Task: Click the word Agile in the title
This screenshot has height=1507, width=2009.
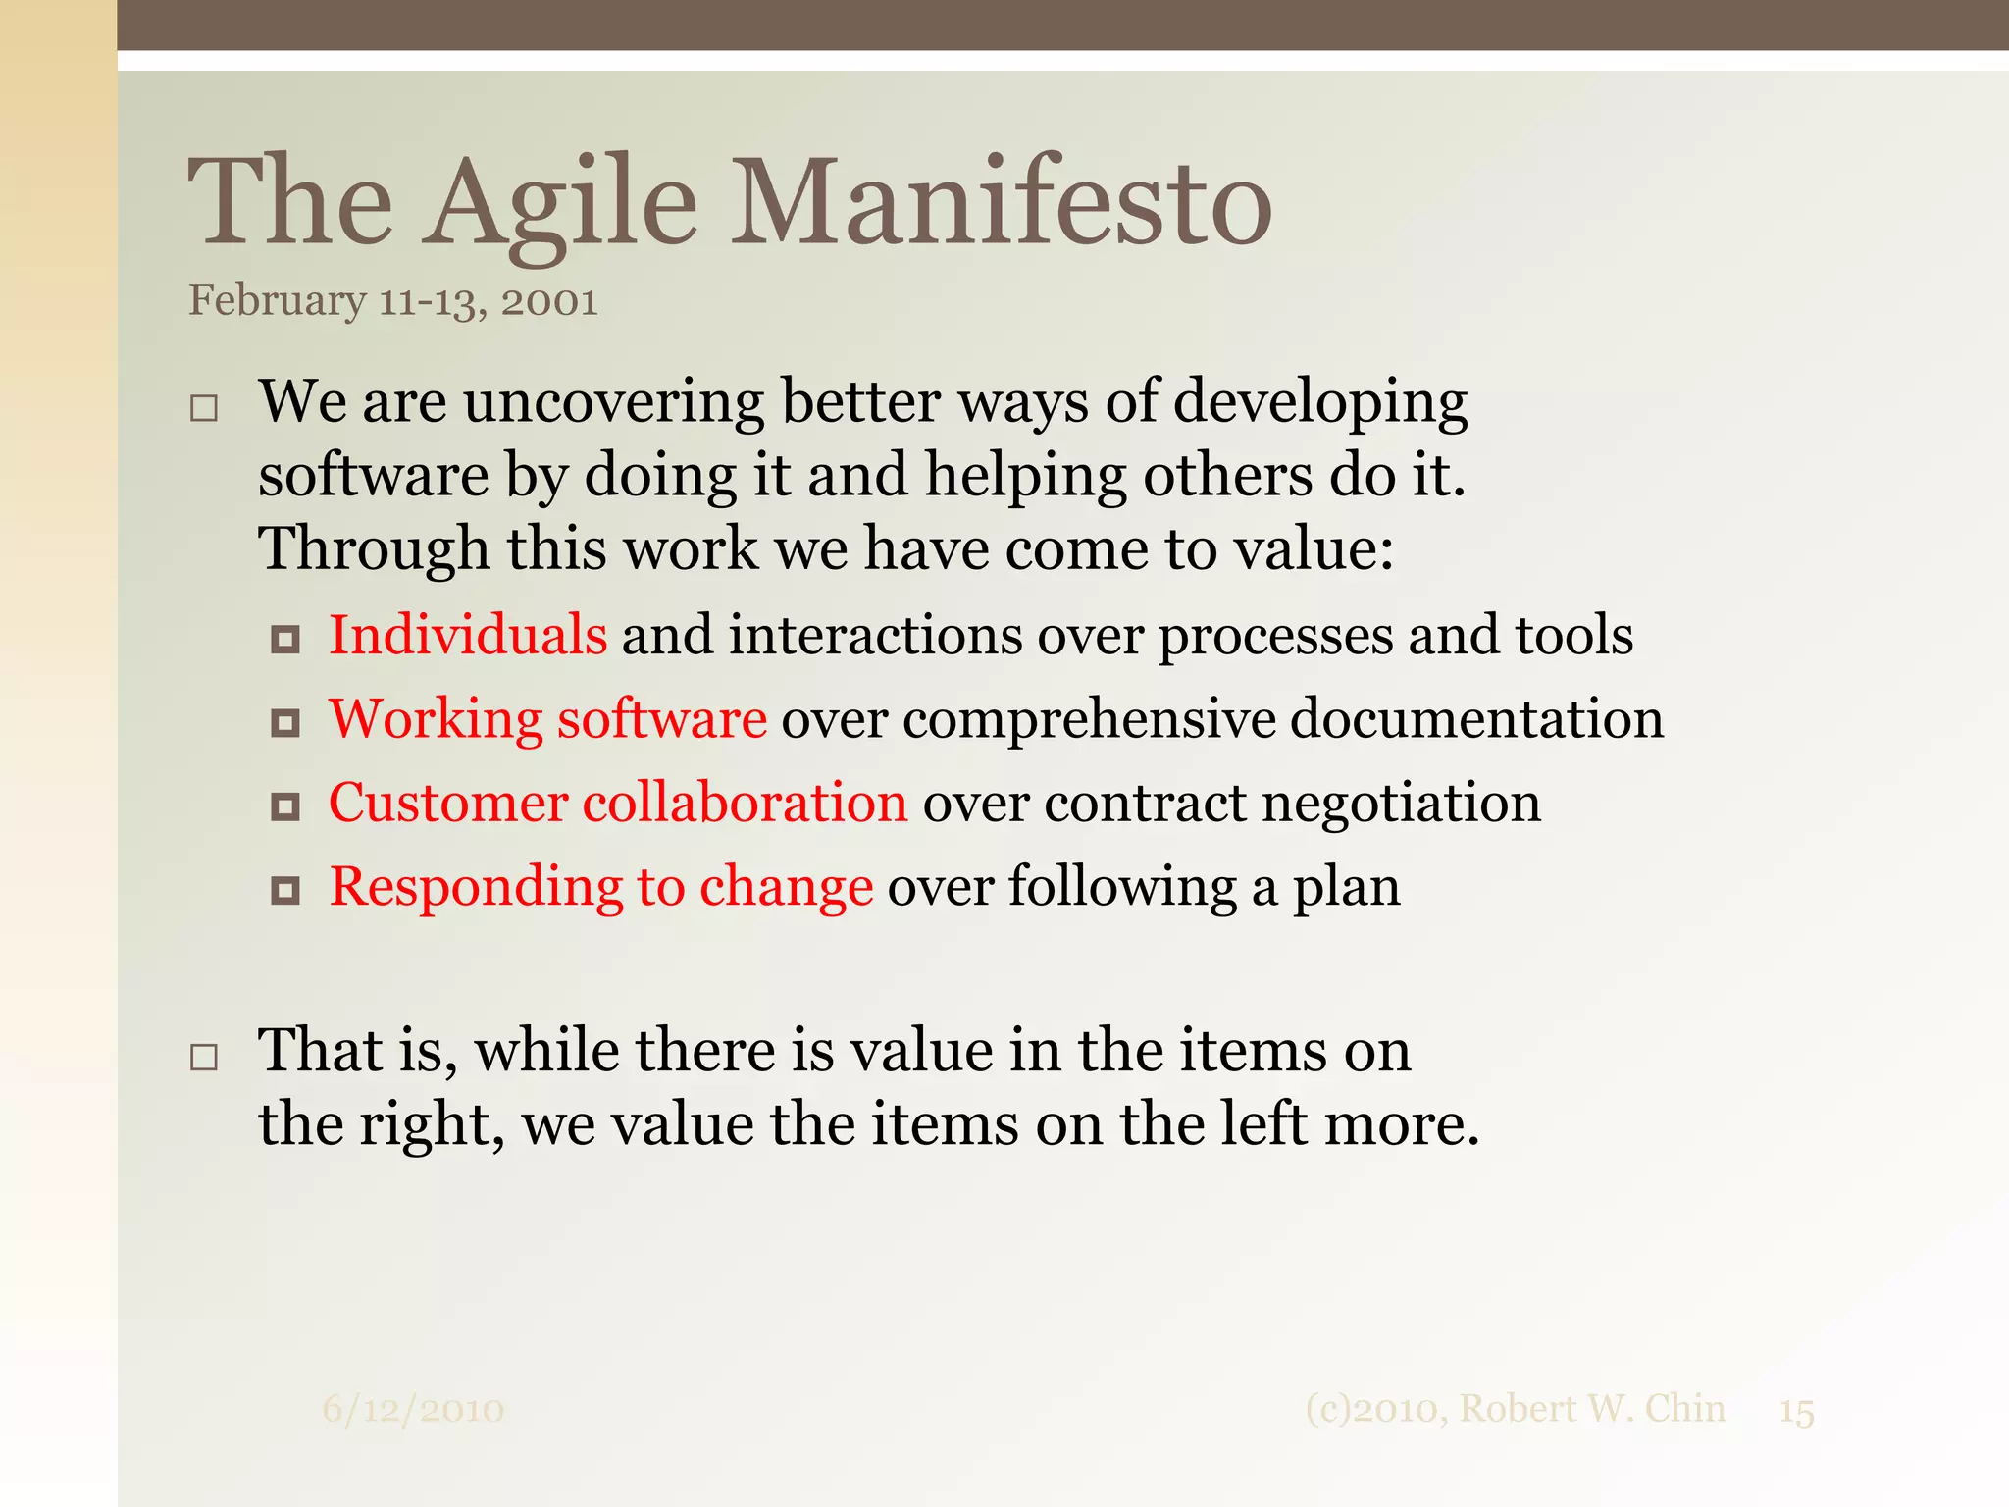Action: click(x=560, y=204)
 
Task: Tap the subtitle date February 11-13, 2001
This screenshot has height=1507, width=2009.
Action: click(x=392, y=301)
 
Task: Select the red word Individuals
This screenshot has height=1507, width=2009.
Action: click(x=468, y=635)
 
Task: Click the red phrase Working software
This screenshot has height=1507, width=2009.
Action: click(x=547, y=719)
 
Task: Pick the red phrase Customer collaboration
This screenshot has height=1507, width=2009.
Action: click(x=618, y=803)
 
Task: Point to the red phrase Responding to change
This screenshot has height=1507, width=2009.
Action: click(x=600, y=887)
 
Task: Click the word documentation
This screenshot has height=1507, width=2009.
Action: click(x=1476, y=719)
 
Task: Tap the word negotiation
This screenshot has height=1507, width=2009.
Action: click(x=1401, y=803)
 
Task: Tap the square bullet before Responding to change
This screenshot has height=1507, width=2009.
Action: click(x=285, y=891)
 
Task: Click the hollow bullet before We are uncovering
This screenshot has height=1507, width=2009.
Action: click(x=204, y=408)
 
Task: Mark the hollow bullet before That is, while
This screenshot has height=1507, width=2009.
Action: click(x=204, y=1057)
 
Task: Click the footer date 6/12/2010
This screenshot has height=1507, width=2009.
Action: click(x=413, y=1410)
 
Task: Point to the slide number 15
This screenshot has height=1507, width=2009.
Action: click(x=1796, y=1412)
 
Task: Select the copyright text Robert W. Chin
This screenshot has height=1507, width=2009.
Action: click(x=1591, y=1409)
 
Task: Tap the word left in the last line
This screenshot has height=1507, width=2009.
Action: click(x=1263, y=1124)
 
